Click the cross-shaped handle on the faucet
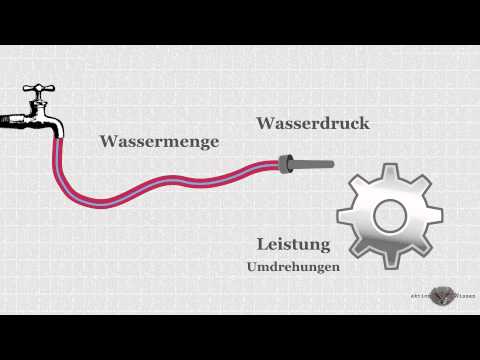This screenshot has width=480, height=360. click(41, 91)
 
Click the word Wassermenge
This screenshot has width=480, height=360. click(159, 142)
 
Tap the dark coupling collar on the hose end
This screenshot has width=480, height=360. click(285, 161)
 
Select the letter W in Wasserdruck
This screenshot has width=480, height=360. click(266, 124)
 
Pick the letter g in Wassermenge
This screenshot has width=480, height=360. click(200, 144)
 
